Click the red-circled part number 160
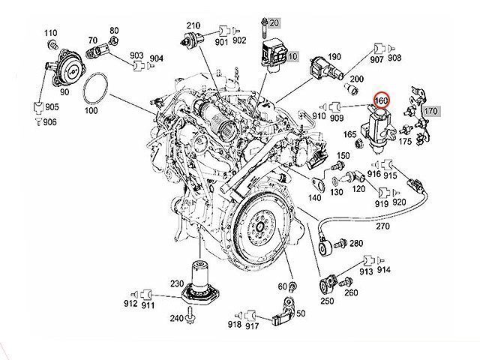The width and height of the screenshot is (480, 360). [x=381, y=100]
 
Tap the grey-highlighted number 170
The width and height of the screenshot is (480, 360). [x=430, y=111]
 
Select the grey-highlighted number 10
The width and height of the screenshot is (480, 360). [x=292, y=56]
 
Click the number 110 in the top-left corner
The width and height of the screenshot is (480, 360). [x=50, y=33]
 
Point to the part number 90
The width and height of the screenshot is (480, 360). [x=64, y=91]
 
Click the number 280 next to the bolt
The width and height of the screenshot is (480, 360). [x=355, y=243]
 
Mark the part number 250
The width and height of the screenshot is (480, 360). [x=328, y=301]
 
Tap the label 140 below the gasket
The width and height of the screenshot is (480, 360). [x=315, y=198]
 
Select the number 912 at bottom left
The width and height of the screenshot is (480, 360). [x=130, y=303]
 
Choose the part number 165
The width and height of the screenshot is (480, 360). [x=350, y=136]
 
